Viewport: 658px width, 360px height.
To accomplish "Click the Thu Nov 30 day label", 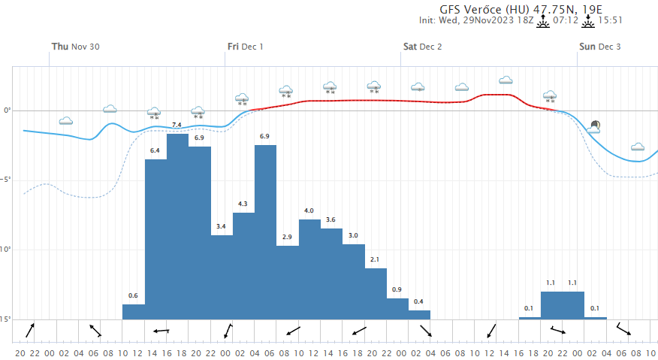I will pyautogui.click(x=75, y=47).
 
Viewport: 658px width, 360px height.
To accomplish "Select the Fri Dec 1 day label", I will pyautogui.click(x=246, y=47).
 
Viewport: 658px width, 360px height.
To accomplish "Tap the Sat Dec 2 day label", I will pyautogui.click(x=422, y=47).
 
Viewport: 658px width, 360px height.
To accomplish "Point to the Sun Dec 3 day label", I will pyautogui.click(x=599, y=47).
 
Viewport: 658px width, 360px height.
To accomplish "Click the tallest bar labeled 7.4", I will pyautogui.click(x=177, y=225).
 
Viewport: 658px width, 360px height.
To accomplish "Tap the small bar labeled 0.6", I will pyautogui.click(x=134, y=311).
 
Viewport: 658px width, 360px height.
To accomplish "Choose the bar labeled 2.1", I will pyautogui.click(x=376, y=293).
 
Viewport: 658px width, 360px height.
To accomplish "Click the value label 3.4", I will pyautogui.click(x=221, y=226).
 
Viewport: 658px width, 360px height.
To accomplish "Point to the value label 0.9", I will pyautogui.click(x=397, y=289).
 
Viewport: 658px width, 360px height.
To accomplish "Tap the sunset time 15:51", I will pyautogui.click(x=611, y=20).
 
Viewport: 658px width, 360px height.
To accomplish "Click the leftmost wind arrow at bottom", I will pyautogui.click(x=30, y=330).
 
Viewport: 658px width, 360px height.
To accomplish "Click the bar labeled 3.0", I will pyautogui.click(x=353, y=281).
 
